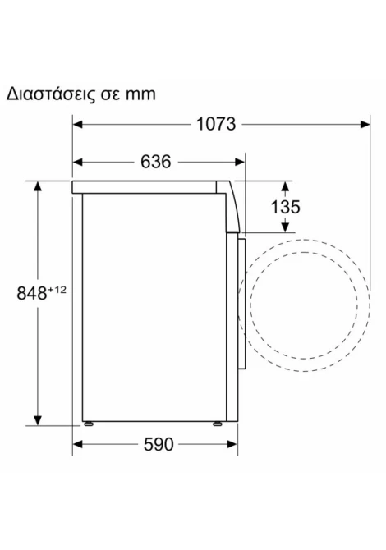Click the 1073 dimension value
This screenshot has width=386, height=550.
click(216, 124)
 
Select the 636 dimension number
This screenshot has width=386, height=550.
click(156, 162)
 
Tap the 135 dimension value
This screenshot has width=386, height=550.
click(285, 207)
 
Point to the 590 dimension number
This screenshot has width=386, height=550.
click(159, 444)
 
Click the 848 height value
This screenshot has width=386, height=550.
click(31, 293)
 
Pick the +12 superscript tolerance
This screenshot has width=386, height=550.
click(57, 290)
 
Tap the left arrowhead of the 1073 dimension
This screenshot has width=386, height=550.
click(77, 124)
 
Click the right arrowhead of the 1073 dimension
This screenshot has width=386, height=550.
click(365, 124)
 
